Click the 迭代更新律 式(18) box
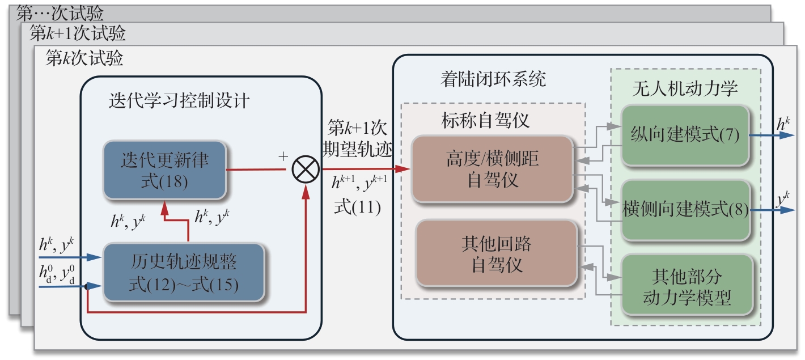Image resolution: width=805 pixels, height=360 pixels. (x=164, y=170)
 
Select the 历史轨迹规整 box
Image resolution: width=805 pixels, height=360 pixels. (x=184, y=272)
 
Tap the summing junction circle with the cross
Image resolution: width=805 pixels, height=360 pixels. (x=306, y=169)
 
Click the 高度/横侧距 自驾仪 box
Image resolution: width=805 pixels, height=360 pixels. (x=492, y=170)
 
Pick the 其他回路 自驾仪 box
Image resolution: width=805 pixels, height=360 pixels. (x=497, y=253)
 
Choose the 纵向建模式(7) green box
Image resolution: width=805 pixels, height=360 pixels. (x=685, y=135)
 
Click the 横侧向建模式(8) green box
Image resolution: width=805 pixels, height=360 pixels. (x=685, y=209)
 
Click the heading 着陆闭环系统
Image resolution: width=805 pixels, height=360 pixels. (x=493, y=79)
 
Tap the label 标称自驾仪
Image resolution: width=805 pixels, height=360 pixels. (x=485, y=120)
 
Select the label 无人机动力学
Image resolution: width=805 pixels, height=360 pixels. (x=685, y=89)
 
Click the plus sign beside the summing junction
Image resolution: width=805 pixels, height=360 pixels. (x=283, y=156)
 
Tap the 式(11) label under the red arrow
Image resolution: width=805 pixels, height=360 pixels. (x=357, y=207)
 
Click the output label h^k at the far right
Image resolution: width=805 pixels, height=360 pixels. (x=783, y=123)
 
